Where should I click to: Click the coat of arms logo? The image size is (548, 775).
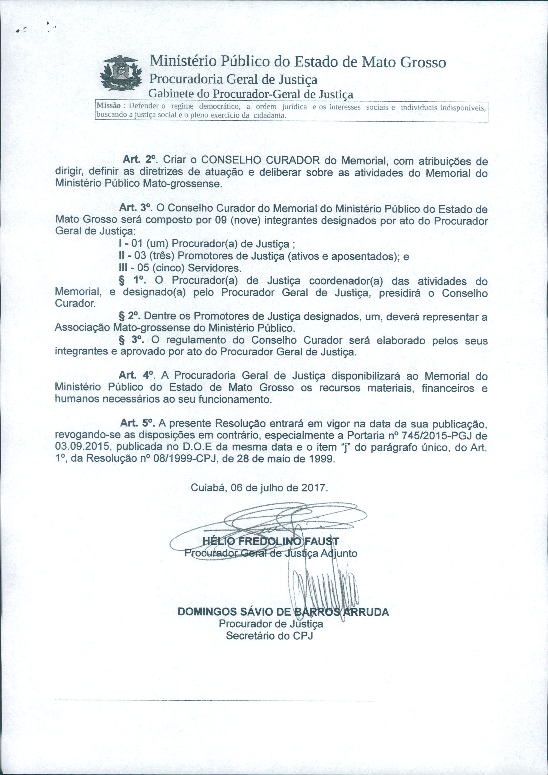point(121,73)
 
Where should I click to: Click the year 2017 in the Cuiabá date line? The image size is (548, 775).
point(314,488)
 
